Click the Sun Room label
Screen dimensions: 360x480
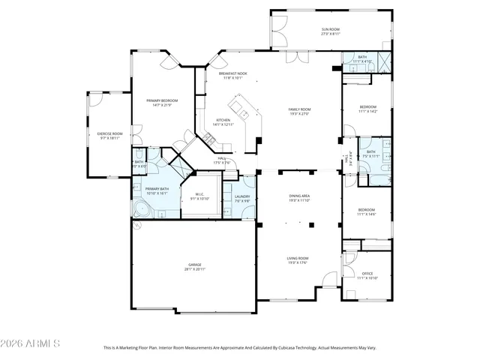pos(331,31)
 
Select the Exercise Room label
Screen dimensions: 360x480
pos(109,136)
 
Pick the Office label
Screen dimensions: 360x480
pos(367,275)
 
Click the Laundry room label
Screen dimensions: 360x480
pos(241,198)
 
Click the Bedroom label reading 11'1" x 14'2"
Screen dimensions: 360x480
pos(367,109)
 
